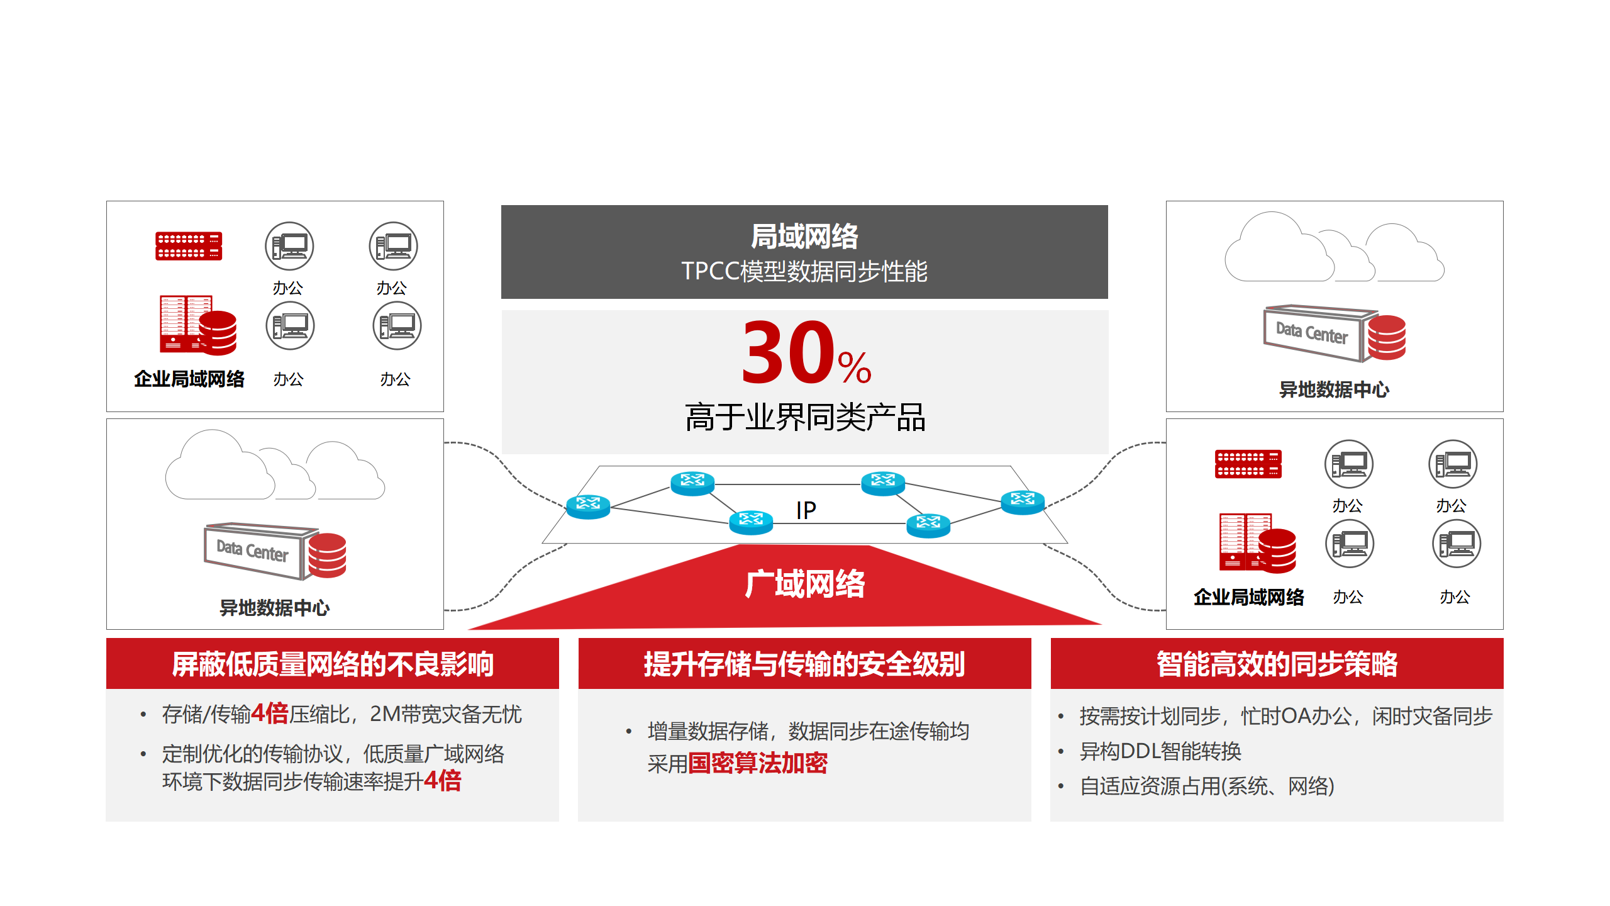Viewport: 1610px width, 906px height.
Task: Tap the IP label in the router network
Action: (x=806, y=510)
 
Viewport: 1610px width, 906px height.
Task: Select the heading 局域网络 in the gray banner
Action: (x=804, y=237)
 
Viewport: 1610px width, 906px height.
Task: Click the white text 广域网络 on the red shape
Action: (x=805, y=584)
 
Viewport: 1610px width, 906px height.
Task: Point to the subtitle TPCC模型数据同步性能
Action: (x=804, y=271)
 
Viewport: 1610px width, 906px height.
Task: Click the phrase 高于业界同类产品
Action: (x=805, y=417)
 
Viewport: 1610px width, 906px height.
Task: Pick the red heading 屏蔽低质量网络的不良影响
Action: (x=333, y=664)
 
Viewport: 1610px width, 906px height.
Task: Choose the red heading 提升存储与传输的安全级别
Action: (x=804, y=664)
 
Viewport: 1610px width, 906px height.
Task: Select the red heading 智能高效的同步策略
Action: (x=1277, y=664)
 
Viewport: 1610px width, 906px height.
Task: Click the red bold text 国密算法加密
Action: (x=758, y=763)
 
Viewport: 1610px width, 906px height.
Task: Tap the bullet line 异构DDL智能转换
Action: (x=1160, y=751)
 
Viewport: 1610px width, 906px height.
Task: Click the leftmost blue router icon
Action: (x=588, y=505)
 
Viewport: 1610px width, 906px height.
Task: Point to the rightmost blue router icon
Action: (x=1023, y=501)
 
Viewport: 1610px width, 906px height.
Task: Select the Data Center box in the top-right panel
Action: (x=1313, y=332)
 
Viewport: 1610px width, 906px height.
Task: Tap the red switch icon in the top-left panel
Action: (x=189, y=246)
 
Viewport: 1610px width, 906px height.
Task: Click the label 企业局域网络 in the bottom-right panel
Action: (x=1249, y=597)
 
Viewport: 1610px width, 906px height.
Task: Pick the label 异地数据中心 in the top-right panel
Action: (x=1334, y=389)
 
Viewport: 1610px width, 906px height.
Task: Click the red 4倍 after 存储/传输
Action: (x=270, y=713)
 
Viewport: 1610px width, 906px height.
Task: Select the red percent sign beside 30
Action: (x=855, y=367)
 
